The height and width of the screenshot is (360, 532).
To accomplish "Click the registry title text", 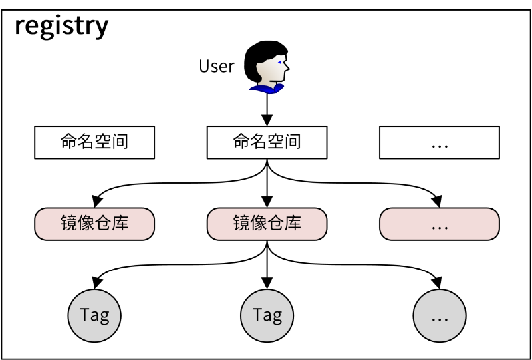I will coord(61,26).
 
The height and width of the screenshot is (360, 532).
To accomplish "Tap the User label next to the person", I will coord(217,66).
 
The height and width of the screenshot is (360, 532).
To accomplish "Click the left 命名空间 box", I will coord(94,142).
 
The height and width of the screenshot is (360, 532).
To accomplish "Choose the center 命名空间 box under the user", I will coord(267,142).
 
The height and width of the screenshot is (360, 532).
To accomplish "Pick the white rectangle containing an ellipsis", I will coord(439,142).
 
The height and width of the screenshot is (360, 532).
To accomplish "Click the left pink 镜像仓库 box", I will coord(94,224).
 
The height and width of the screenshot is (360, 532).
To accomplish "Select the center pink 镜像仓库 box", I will coord(267,224).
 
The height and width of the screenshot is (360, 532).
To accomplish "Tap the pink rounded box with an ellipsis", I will coord(439,224).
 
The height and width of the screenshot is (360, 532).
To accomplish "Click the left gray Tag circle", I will coord(94,315).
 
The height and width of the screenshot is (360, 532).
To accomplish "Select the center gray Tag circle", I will coord(267,315).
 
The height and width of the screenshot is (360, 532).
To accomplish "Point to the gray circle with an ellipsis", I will coord(439,315).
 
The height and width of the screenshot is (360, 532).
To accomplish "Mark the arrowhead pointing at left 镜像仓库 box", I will coord(97,202).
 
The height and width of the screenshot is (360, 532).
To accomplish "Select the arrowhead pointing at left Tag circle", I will coord(97,282).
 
